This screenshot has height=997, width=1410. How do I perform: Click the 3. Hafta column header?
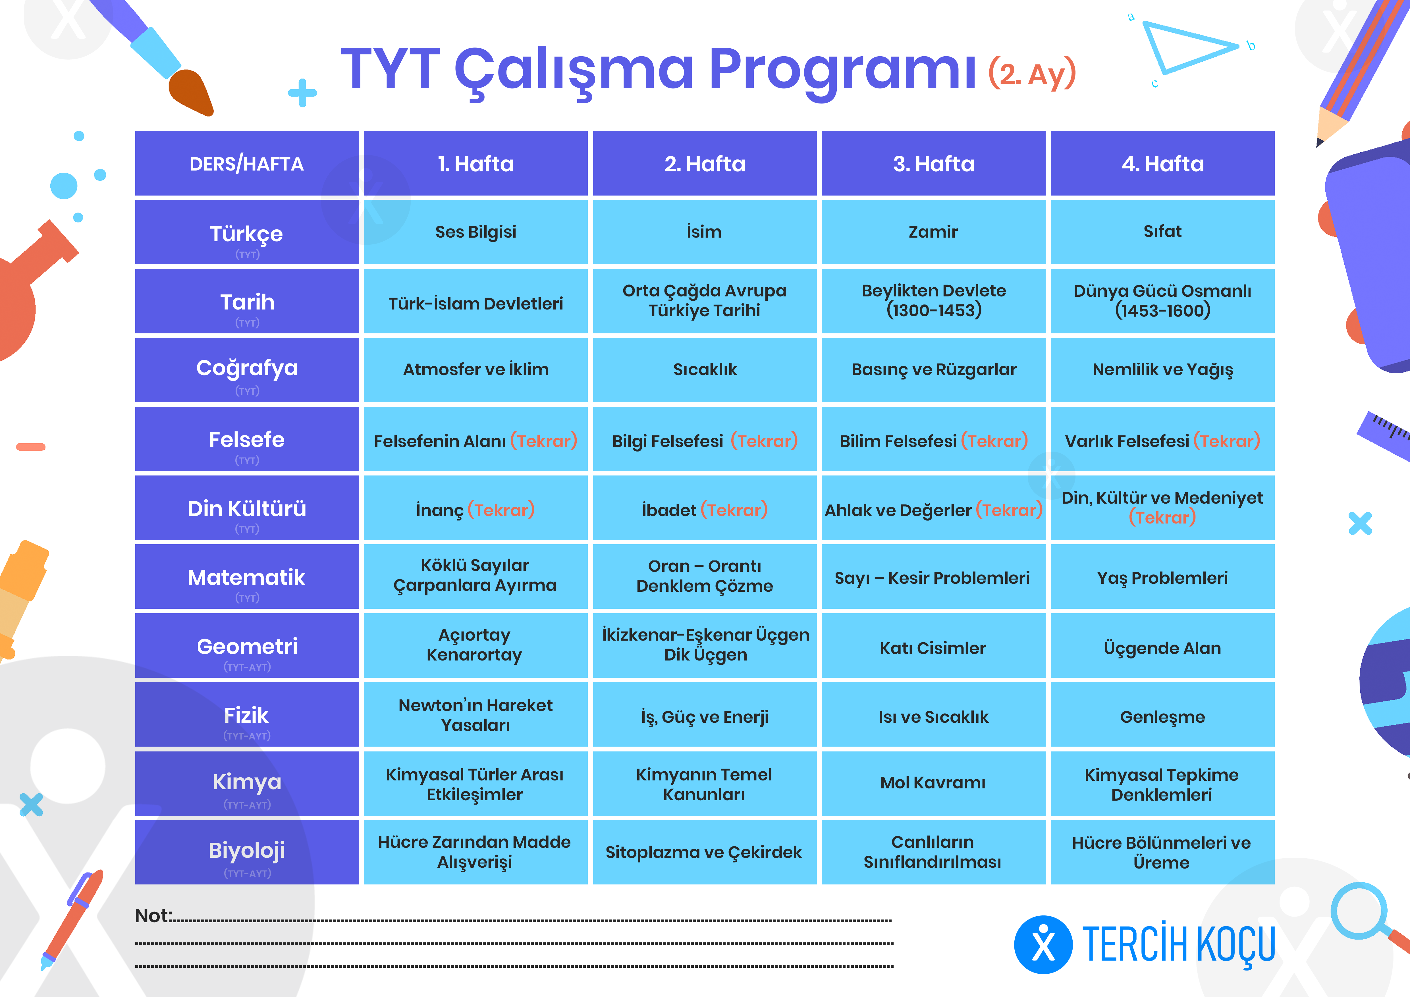click(x=933, y=163)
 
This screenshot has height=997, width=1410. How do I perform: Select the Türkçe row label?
click(x=247, y=232)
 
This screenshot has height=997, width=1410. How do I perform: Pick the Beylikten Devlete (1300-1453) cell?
click(x=933, y=301)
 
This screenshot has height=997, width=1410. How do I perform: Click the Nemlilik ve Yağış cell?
click(x=1162, y=369)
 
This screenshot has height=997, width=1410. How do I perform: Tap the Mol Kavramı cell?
click(x=933, y=783)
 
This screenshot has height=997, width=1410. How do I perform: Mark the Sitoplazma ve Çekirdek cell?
click(x=704, y=852)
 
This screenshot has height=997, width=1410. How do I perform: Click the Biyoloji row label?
click(x=247, y=852)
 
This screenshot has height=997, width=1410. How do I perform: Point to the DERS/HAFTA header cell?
click(x=247, y=163)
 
